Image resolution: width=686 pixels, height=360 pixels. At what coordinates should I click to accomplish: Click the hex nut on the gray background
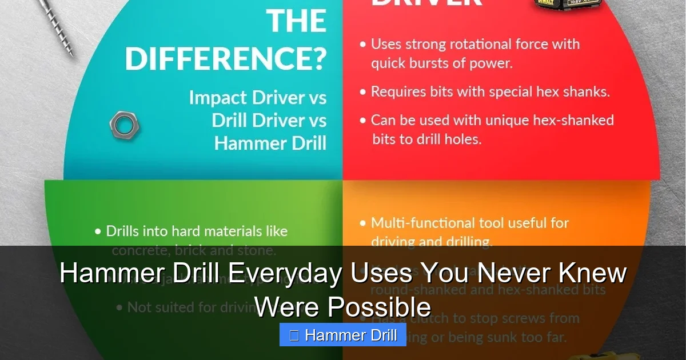(x=124, y=125)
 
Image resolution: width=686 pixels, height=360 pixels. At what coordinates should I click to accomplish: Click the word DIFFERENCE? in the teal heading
(x=226, y=59)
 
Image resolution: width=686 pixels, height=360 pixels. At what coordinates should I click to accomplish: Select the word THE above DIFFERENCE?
(x=297, y=21)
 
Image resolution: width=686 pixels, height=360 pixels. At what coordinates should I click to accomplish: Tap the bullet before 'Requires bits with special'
(x=363, y=92)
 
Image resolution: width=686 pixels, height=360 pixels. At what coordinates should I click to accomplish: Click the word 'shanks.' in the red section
(x=588, y=91)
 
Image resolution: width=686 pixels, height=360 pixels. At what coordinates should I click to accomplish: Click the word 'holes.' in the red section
(x=463, y=139)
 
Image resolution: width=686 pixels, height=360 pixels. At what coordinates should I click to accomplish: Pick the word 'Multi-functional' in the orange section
(x=420, y=223)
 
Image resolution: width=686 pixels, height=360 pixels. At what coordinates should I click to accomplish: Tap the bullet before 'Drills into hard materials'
(x=98, y=232)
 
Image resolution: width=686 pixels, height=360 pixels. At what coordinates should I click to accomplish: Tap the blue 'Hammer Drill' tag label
(x=342, y=335)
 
